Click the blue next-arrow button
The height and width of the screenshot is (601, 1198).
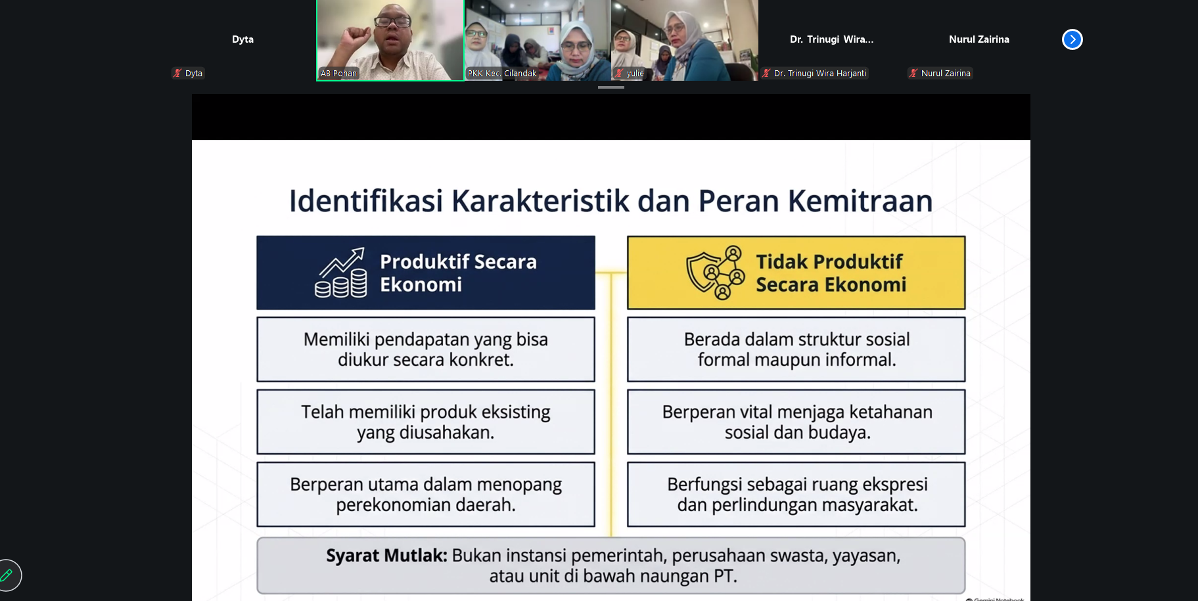pyautogui.click(x=1072, y=39)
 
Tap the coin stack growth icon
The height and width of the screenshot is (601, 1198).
pyautogui.click(x=341, y=273)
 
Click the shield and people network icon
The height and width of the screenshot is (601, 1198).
pyautogui.click(x=716, y=273)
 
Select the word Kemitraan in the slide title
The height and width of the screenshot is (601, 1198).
pyautogui.click(x=860, y=201)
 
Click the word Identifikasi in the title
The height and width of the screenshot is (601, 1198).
pyautogui.click(x=366, y=201)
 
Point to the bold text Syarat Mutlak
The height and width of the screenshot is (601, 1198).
pyautogui.click(x=386, y=556)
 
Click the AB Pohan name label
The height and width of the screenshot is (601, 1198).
pyautogui.click(x=338, y=74)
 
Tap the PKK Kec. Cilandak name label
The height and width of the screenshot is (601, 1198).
pyautogui.click(x=502, y=74)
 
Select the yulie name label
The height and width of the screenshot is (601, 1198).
pyautogui.click(x=635, y=74)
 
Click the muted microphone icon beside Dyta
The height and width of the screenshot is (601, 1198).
pyautogui.click(x=177, y=74)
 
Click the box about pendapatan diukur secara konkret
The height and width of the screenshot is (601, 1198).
pyautogui.click(x=426, y=349)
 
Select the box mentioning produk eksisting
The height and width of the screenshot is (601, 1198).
pyautogui.click(x=426, y=422)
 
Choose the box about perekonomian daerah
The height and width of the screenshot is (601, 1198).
pyautogui.click(x=426, y=494)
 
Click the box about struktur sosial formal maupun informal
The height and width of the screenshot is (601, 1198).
pyautogui.click(x=796, y=349)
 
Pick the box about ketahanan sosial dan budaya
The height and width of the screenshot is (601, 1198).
pyautogui.click(x=796, y=422)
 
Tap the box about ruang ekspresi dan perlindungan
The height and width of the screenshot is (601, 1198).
pyautogui.click(x=796, y=494)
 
